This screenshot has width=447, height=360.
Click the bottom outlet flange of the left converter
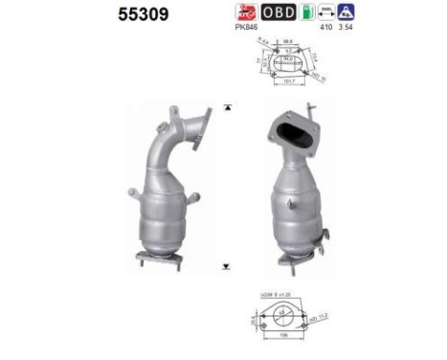click(158, 257)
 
